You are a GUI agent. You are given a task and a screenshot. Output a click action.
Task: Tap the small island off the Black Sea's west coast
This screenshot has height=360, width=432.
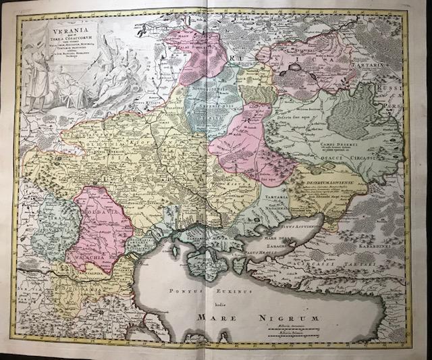coord(175,253)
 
